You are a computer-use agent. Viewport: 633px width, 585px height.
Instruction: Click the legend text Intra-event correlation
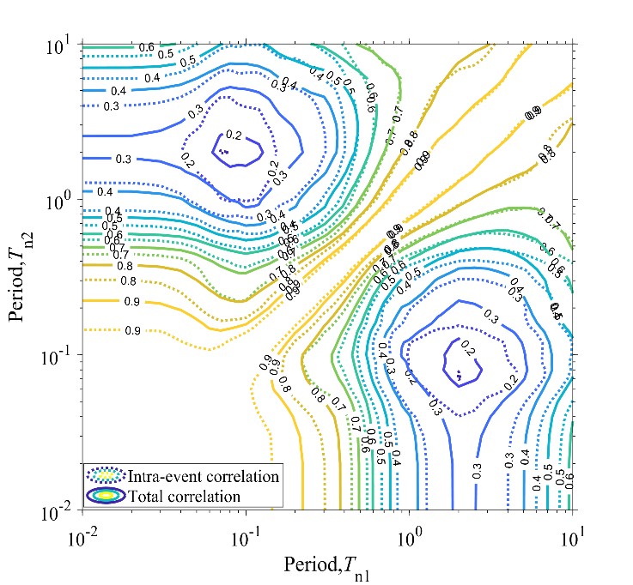pos(203,476)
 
